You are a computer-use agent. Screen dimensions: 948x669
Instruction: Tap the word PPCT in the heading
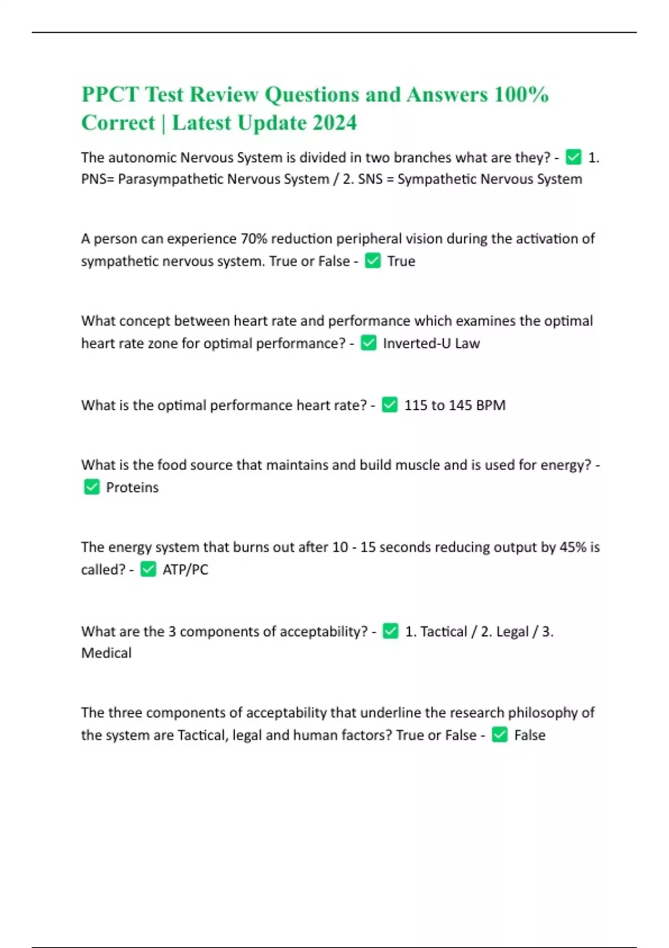[109, 95]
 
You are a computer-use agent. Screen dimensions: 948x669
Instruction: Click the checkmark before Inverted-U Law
[369, 343]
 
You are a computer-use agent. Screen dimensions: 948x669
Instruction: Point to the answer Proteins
[132, 487]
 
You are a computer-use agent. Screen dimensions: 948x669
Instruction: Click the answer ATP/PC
[185, 569]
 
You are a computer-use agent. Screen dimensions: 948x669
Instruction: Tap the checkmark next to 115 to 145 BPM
[390, 405]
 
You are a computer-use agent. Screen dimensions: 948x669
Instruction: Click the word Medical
[106, 653]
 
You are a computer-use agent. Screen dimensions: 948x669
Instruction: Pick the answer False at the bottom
[530, 735]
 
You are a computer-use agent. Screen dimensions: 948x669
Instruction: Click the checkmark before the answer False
[500, 735]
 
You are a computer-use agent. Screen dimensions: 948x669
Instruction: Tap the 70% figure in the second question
[254, 239]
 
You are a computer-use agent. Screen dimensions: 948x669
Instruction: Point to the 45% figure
[573, 547]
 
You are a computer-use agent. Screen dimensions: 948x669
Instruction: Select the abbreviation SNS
[370, 180]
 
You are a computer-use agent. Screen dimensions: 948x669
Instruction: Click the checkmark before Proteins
[91, 487]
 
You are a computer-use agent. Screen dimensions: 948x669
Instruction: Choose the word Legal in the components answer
[512, 632]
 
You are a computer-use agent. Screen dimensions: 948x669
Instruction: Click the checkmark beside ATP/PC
[148, 569]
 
